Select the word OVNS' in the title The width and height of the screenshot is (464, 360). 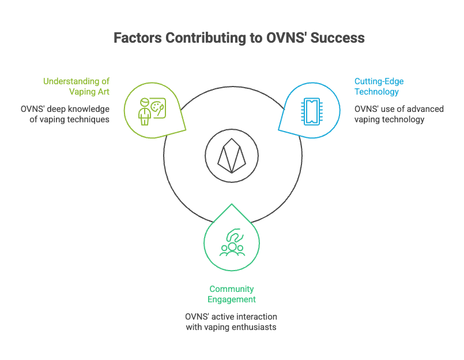pos(286,38)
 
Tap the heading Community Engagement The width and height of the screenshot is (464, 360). pos(232,294)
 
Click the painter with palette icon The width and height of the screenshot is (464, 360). pos(152,111)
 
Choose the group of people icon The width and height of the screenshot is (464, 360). pos(232,242)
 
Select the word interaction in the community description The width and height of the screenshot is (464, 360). pos(256,317)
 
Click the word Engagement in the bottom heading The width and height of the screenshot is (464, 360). pos(232,299)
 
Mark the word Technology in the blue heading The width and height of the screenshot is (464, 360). pos(376,92)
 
